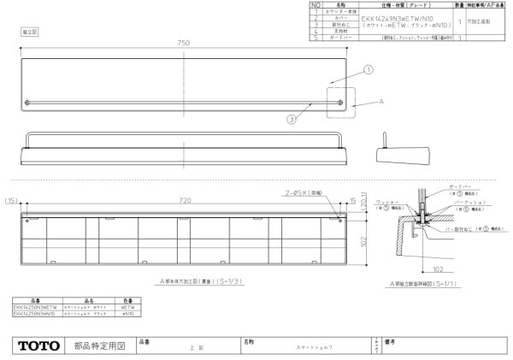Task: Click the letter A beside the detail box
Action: [x=380, y=102]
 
